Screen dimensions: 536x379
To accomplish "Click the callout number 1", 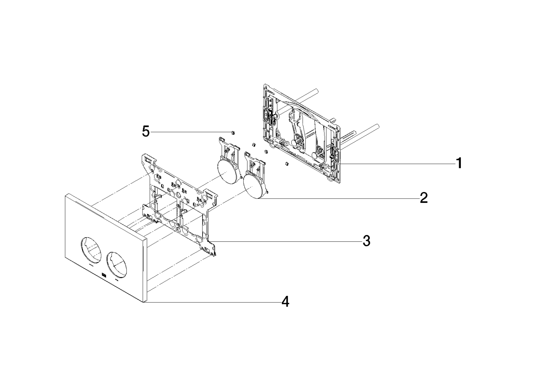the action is point(458,164).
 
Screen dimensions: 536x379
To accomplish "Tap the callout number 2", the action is point(424,198).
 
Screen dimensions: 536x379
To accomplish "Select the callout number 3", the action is point(366,241).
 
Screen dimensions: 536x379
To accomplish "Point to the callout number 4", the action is point(285,302).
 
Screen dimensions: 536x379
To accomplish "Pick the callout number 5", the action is point(146,132).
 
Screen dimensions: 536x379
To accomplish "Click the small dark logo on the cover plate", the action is point(104,275).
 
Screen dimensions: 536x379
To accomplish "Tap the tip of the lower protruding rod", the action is point(377,126).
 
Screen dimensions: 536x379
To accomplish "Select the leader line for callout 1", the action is point(397,164).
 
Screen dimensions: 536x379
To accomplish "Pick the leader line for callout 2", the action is point(339,198).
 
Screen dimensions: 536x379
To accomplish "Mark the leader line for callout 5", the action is point(191,132).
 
